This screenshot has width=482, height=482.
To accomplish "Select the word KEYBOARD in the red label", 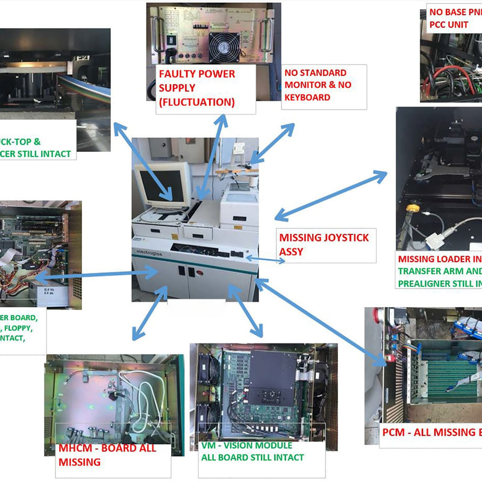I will [x=307, y=97].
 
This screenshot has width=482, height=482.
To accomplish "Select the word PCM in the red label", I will [x=395, y=433].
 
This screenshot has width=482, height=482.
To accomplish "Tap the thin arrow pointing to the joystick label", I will [x=265, y=260].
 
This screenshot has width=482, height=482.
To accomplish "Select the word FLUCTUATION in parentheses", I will [x=196, y=102].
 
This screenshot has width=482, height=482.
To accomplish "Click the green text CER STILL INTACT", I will [x=36, y=154].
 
